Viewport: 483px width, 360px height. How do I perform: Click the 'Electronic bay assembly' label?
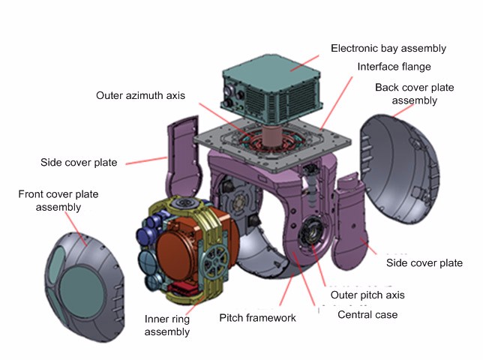coord(388,49)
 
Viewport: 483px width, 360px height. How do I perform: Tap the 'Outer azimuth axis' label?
coord(140,96)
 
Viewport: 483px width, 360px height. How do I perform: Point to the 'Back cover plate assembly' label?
coord(414,94)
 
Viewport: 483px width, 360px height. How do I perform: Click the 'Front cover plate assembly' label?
coord(58,200)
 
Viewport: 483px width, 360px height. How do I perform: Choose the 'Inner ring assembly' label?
coord(166,325)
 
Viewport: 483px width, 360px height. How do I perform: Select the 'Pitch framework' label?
coord(257,318)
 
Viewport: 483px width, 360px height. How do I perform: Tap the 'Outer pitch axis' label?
coord(363,295)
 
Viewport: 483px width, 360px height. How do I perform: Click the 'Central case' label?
coord(367,314)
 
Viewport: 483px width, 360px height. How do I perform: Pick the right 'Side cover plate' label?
coord(424,263)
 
